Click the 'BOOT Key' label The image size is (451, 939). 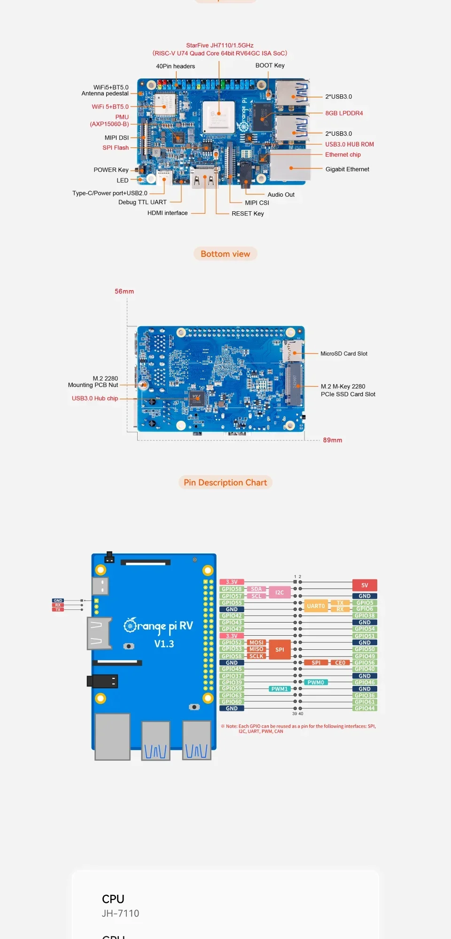click(270, 65)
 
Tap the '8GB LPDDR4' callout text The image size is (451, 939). click(344, 113)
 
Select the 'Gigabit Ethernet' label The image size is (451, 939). click(347, 169)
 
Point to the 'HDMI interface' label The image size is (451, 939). click(167, 213)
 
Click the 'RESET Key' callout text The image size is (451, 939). click(248, 214)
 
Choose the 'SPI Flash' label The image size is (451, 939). click(116, 147)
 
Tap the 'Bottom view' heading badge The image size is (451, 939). click(225, 254)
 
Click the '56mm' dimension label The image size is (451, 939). click(124, 291)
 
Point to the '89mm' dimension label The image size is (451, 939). click(332, 440)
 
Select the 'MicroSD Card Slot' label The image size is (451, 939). click(344, 354)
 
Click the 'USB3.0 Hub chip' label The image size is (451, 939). click(95, 398)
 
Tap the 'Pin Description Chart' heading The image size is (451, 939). click(225, 482)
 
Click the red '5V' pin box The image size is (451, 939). click(365, 585)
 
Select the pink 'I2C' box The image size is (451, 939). click(280, 593)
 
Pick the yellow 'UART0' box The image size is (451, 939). click(316, 606)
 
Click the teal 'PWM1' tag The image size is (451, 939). click(279, 689)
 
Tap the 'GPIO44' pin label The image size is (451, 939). click(365, 708)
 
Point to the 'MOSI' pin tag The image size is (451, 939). click(257, 643)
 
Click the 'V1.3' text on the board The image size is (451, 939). click(164, 644)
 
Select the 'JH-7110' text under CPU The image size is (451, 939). click(120, 913)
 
